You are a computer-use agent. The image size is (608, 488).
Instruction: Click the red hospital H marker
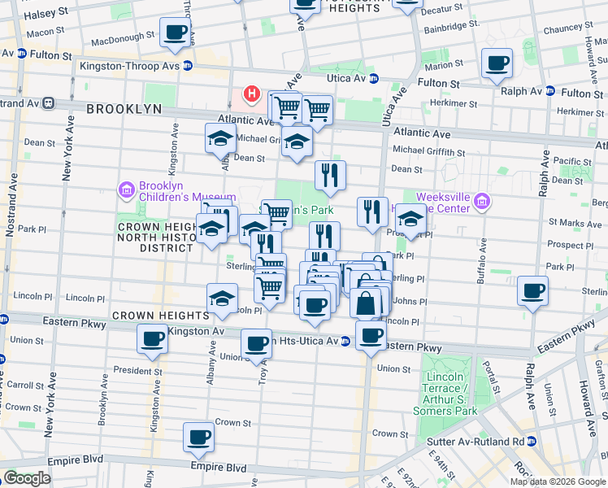coord(252,94)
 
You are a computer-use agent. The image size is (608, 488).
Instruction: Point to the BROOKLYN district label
coord(124,108)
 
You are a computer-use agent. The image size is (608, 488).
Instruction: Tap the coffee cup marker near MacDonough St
coord(176,33)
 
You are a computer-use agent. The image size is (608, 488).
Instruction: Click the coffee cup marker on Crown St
coord(199,438)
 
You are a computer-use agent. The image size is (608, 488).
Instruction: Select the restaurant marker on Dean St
coord(330,176)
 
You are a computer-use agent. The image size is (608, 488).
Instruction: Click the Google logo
coord(27,478)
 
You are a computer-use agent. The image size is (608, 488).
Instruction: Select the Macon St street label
coord(45,32)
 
